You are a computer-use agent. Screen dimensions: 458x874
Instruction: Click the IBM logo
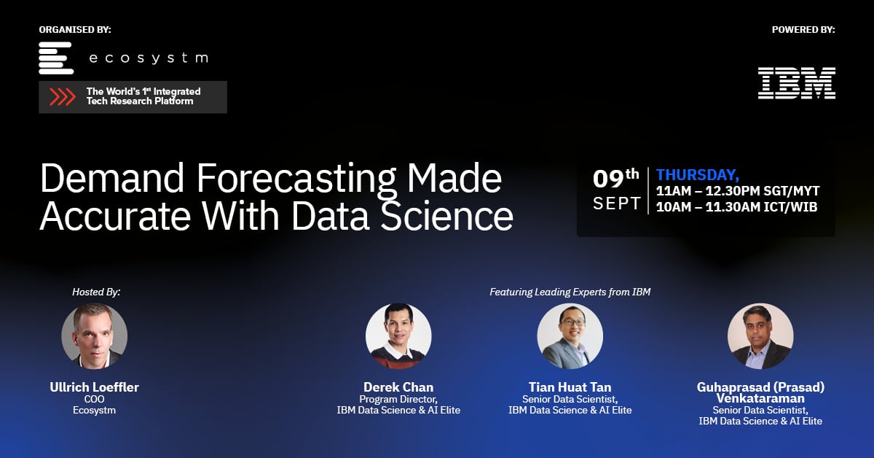tap(796, 83)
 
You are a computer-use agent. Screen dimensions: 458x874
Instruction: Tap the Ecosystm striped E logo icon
tap(56, 58)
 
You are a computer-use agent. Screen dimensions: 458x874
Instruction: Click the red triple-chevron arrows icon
tap(63, 97)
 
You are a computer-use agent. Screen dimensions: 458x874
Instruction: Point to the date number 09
tap(609, 178)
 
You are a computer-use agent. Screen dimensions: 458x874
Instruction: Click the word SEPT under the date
tap(617, 203)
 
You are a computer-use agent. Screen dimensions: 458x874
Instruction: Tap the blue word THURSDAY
tap(697, 175)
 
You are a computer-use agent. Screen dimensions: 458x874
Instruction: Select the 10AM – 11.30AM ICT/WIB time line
tap(736, 207)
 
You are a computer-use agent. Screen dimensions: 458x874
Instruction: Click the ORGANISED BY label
tap(75, 30)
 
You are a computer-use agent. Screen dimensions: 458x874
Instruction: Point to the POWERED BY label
tap(803, 30)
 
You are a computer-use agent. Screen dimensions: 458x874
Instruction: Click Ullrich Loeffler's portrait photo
tap(95, 336)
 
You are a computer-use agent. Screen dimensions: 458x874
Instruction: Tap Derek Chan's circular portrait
tap(398, 336)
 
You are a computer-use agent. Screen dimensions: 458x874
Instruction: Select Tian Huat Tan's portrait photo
tap(570, 336)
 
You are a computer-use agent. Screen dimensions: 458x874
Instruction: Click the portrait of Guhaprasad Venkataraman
tap(760, 336)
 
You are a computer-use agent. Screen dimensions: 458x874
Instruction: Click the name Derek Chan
tap(398, 387)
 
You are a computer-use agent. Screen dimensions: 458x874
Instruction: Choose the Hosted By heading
tap(96, 292)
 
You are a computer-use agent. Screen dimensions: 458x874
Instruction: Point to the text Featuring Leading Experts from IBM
tap(570, 292)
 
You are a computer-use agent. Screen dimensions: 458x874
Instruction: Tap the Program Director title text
tap(398, 399)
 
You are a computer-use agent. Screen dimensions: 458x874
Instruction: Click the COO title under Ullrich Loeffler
tap(95, 399)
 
